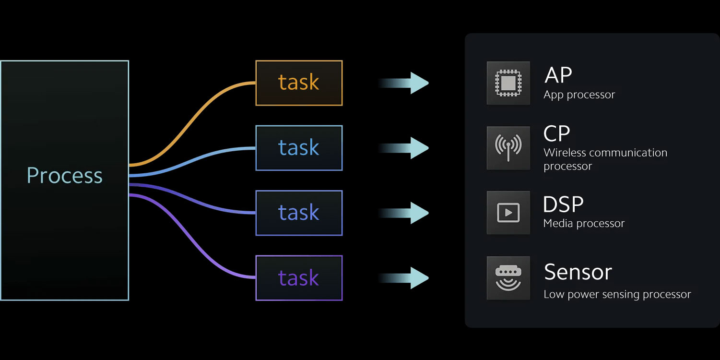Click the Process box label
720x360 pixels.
coord(64,176)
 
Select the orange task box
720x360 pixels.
coord(299,83)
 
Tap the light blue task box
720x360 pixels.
coord(299,148)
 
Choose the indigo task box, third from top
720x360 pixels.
coord(299,213)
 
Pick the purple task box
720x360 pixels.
coord(299,278)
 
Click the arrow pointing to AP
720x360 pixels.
coord(405,83)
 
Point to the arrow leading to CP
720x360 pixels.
coord(405,148)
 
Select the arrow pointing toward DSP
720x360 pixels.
coord(405,213)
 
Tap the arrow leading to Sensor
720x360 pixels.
coord(405,278)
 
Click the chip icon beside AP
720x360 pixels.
coord(508,83)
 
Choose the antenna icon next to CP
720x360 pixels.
coord(508,148)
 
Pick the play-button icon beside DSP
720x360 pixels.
coord(508,213)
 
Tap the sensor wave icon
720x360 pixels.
coord(508,278)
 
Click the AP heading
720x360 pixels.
coord(558,75)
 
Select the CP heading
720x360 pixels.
coord(557,134)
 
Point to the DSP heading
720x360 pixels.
coord(563,205)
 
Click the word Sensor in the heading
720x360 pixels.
coord(578,272)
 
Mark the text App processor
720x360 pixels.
coord(579,95)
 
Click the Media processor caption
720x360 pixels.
coord(584,224)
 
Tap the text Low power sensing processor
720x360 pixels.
coord(617,295)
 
